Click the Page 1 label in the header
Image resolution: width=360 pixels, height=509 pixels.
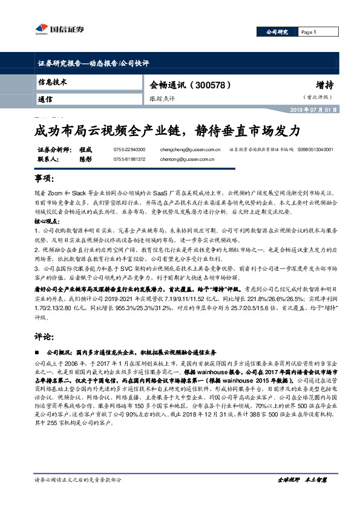pos(309,32)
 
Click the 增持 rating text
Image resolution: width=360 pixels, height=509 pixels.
pos(323,84)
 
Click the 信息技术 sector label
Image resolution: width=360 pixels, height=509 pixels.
pos(52,82)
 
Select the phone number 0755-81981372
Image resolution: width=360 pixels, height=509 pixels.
pos(129,159)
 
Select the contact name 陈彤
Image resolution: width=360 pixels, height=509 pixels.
pos(85,159)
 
